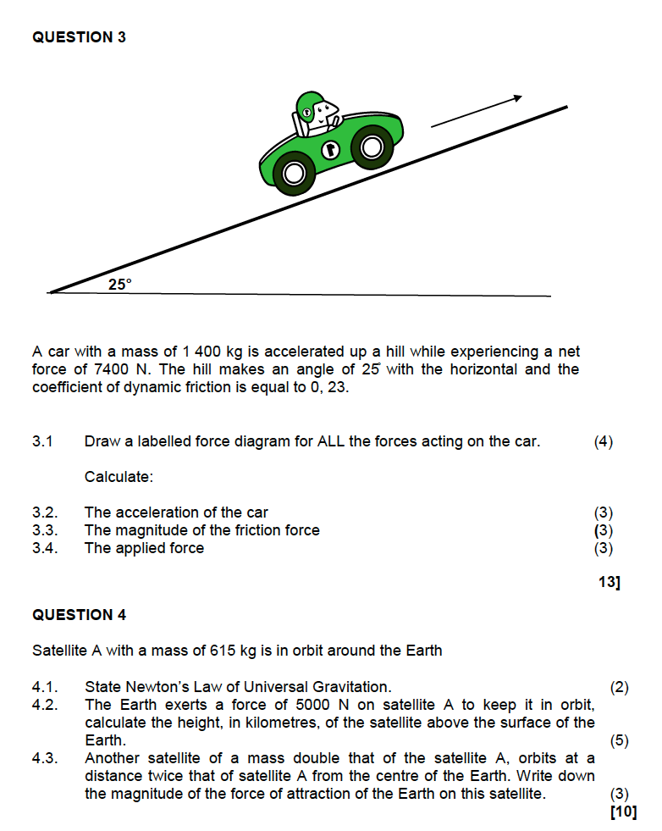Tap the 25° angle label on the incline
120,285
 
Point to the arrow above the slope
477,113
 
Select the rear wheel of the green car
294,174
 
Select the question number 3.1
42,441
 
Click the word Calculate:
119,477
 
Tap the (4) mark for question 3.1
604,441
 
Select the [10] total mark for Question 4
623,812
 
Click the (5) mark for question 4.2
620,740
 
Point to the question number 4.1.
45,687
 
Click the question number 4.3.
45,758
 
